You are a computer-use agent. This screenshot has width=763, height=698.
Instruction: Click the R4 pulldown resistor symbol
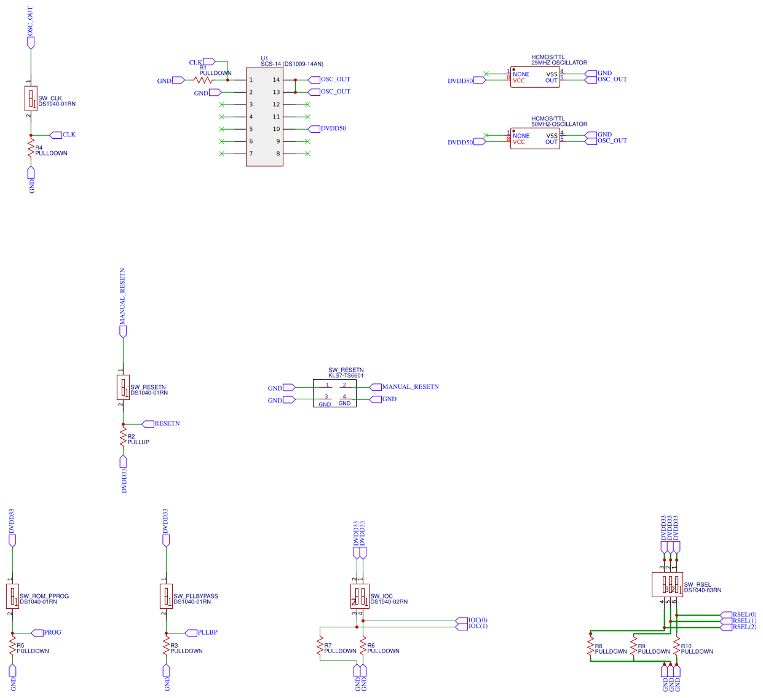[x=31, y=149]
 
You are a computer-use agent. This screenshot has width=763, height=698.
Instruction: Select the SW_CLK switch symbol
[x=31, y=98]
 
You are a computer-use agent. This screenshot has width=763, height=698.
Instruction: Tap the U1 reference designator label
[x=264, y=58]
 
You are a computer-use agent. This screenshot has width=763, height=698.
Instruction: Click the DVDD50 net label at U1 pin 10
[x=333, y=128]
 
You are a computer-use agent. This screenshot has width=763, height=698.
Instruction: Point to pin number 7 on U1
[x=251, y=154]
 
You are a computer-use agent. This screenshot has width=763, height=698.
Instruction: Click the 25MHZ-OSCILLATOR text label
[x=559, y=63]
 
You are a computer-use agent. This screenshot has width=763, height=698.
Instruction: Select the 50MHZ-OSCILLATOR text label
[x=559, y=124]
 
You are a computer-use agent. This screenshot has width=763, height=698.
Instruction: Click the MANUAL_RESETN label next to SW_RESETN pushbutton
[x=410, y=386]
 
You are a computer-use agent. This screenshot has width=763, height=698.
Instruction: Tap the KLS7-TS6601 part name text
[x=346, y=375]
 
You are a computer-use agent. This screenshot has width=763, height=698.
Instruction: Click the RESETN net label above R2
[x=167, y=423]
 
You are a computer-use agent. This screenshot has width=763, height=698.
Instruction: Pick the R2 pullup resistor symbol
[x=123, y=437]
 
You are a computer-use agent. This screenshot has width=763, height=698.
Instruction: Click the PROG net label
[x=52, y=632]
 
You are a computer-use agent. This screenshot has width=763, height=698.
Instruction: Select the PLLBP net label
[x=207, y=632]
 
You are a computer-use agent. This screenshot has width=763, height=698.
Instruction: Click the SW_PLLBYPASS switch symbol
[x=166, y=596]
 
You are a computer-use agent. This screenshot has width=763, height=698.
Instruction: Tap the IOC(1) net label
[x=478, y=626]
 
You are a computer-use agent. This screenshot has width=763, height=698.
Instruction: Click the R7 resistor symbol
[x=320, y=646]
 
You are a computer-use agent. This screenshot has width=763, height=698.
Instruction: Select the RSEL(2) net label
[x=744, y=627]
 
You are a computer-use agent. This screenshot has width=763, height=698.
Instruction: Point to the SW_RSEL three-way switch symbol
[x=667, y=584]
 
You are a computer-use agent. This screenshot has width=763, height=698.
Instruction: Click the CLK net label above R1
[x=196, y=62]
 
